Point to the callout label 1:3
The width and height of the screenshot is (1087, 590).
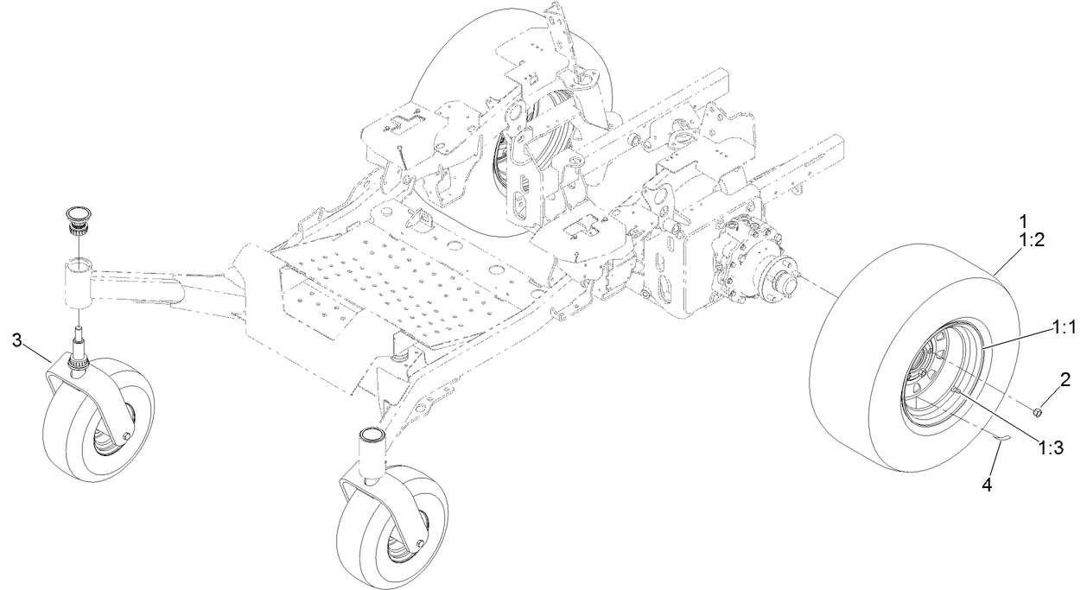[1050, 447]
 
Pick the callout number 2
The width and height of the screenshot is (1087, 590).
[1065, 377]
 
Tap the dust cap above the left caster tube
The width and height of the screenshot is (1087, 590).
[77, 213]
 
